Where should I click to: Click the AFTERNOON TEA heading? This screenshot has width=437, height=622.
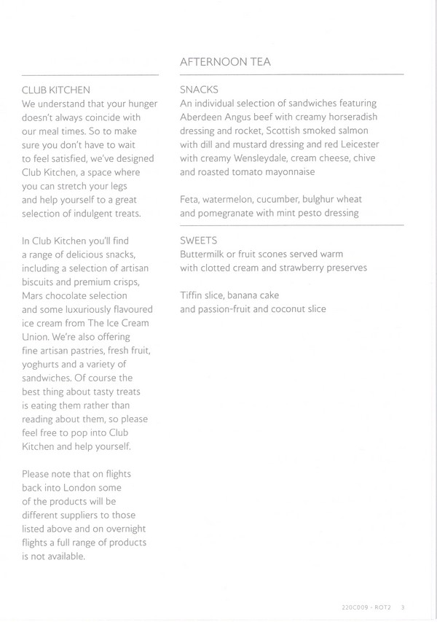pyautogui.click(x=225, y=62)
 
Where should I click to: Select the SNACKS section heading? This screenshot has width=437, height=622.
pyautogui.click(x=199, y=90)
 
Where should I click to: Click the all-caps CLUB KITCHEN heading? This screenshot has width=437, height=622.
pyautogui.click(x=55, y=90)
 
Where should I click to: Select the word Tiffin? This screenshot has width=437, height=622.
pyautogui.click(x=192, y=295)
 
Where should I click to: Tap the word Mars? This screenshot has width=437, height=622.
pyautogui.click(x=34, y=295)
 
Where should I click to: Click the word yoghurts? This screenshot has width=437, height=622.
pyautogui.click(x=44, y=365)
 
